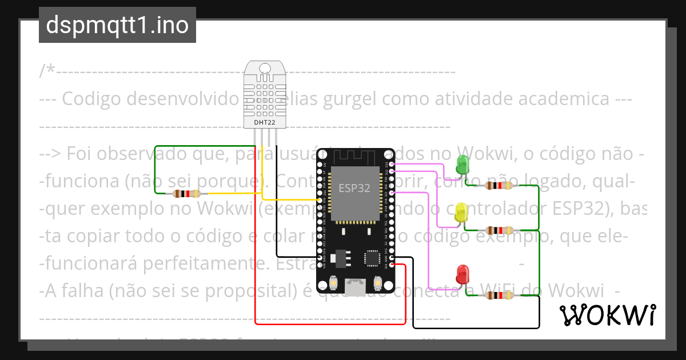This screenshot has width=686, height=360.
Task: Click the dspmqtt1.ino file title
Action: point(117,25)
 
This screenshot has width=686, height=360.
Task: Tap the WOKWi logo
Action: point(607,315)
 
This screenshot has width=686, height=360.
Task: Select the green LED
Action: point(462,165)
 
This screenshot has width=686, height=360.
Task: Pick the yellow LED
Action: point(461,213)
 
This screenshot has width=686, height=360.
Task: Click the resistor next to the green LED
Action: point(498,185)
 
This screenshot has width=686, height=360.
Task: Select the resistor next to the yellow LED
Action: point(498,230)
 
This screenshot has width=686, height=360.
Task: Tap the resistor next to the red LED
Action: point(498,295)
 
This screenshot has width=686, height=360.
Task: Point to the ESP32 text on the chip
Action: point(354,189)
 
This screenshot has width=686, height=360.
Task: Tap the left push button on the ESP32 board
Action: point(333,283)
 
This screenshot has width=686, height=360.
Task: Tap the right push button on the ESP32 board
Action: point(377,283)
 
